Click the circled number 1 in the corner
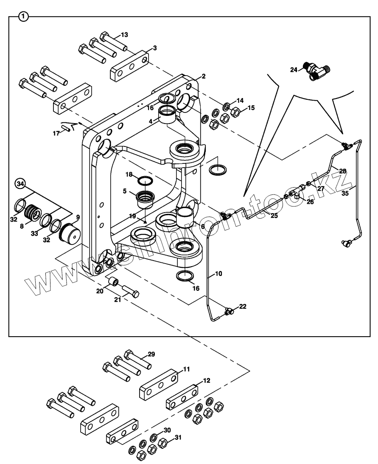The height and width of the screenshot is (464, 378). [x=24, y=17]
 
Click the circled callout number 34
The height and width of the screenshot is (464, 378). [x=20, y=184]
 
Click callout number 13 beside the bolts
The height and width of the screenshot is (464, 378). [x=124, y=34]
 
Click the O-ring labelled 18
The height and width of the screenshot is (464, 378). [x=146, y=181]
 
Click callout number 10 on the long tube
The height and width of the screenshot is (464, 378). [x=218, y=274]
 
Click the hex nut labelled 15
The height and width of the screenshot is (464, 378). [x=236, y=112]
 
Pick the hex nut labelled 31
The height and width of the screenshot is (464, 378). [x=162, y=444]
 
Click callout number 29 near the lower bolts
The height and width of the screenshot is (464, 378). [x=151, y=354]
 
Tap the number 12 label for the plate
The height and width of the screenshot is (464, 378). [x=206, y=381]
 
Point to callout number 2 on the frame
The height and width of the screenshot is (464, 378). [x=204, y=76]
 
